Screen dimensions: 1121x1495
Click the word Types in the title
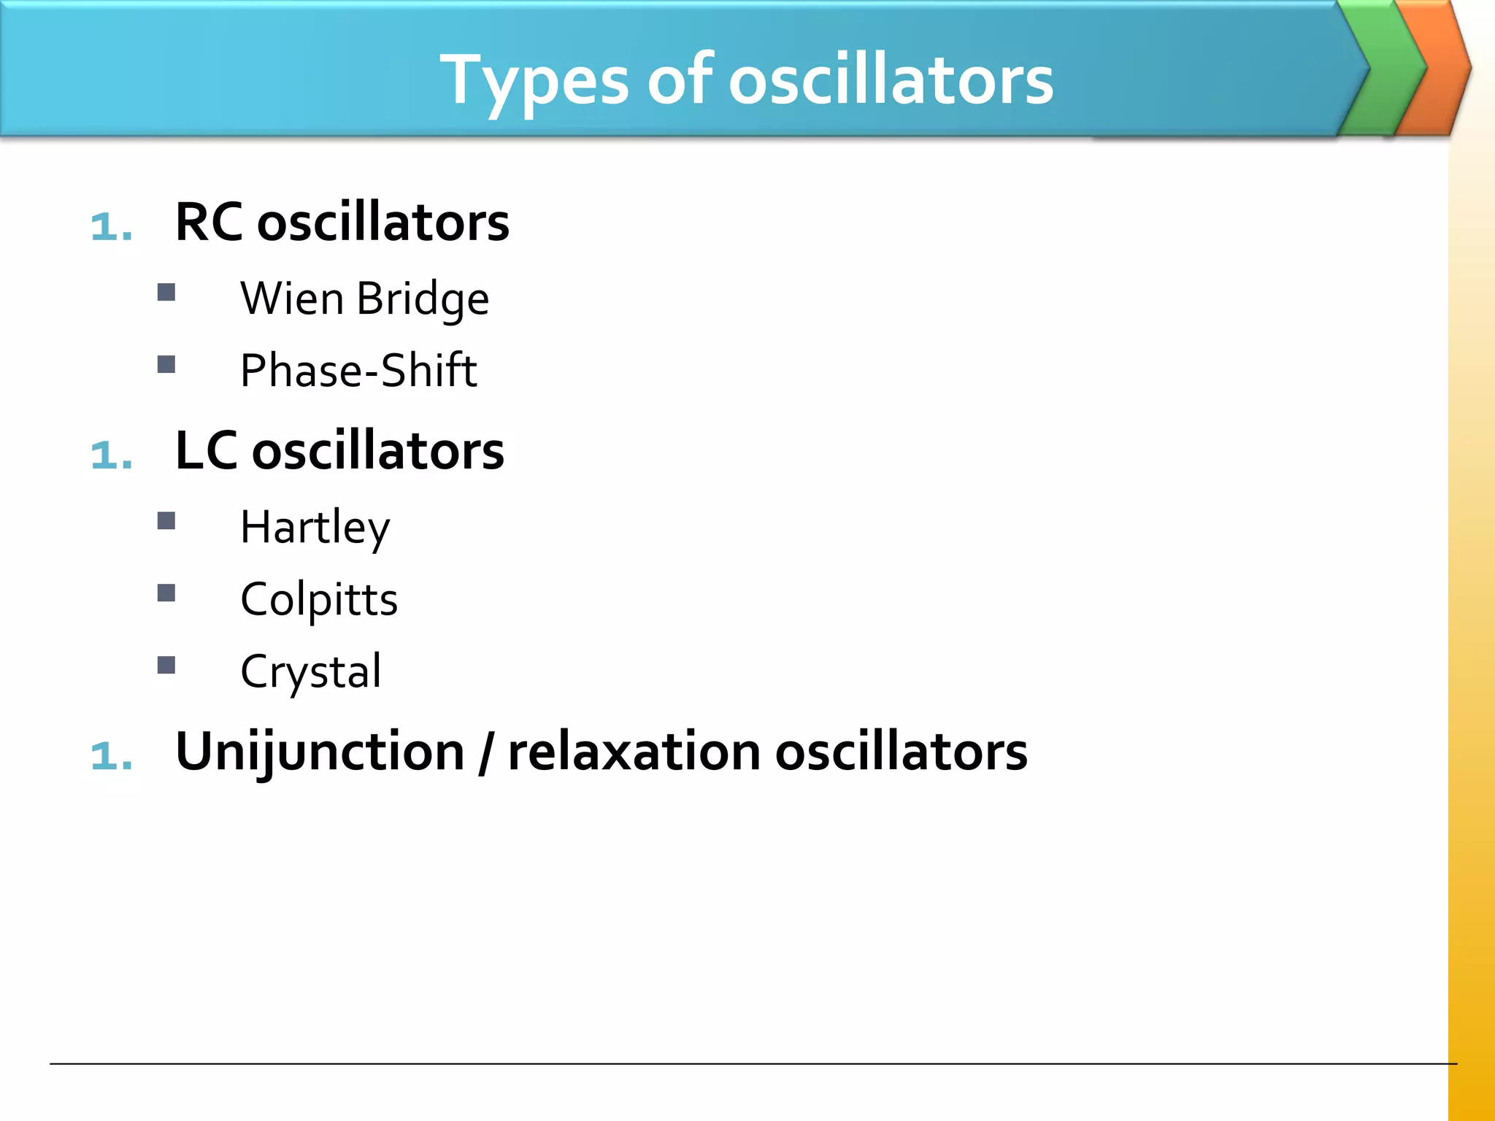coord(534,80)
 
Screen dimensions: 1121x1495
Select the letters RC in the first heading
coord(209,222)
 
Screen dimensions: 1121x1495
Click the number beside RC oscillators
coord(112,226)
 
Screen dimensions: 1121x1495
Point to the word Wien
coord(292,298)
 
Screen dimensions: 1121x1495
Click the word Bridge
coord(423,299)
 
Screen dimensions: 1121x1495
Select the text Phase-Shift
coord(358,370)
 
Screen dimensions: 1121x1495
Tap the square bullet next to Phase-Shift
coord(166,364)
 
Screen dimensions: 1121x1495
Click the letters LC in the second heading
coord(206,450)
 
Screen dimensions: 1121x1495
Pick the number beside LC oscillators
coord(112,455)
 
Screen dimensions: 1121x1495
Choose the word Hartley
coord(315,528)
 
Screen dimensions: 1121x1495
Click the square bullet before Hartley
coord(166,520)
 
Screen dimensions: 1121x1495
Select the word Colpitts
coord(319,600)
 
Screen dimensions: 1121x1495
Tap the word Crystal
coord(311,671)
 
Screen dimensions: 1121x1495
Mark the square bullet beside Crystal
coord(166,665)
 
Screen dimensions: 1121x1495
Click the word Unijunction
coord(320,752)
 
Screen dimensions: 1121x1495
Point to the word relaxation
coord(634,752)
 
